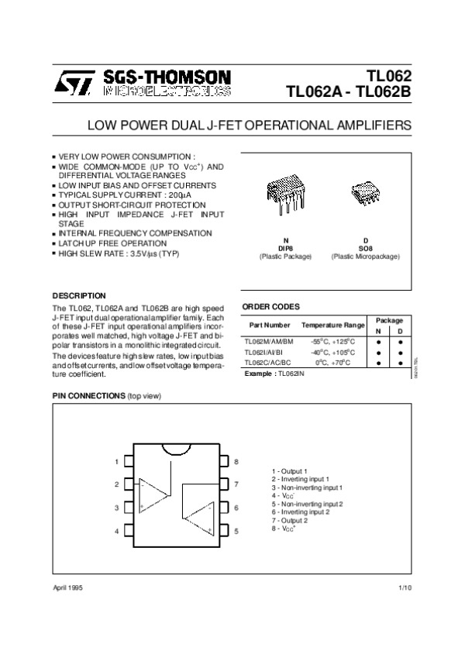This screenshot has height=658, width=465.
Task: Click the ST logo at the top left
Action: [74, 80]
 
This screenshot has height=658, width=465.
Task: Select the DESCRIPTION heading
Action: [78, 295]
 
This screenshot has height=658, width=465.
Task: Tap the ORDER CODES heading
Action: [270, 307]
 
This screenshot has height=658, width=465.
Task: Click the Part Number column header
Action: [267, 326]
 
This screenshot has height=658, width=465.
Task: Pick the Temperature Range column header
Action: [332, 326]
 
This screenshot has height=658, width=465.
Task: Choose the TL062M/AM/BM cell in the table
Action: [268, 341]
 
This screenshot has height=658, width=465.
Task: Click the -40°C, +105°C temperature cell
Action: [332, 352]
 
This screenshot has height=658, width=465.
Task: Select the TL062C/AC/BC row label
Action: [267, 362]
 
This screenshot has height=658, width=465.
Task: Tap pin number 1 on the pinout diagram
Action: [117, 461]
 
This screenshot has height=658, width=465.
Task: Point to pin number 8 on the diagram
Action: [236, 461]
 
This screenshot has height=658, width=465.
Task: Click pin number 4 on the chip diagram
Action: [117, 532]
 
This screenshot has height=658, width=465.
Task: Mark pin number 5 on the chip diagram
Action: [236, 532]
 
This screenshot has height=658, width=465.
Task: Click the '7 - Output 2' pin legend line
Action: [290, 520]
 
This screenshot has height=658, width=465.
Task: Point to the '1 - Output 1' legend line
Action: [290, 471]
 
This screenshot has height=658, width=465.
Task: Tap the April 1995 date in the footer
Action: [67, 589]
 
